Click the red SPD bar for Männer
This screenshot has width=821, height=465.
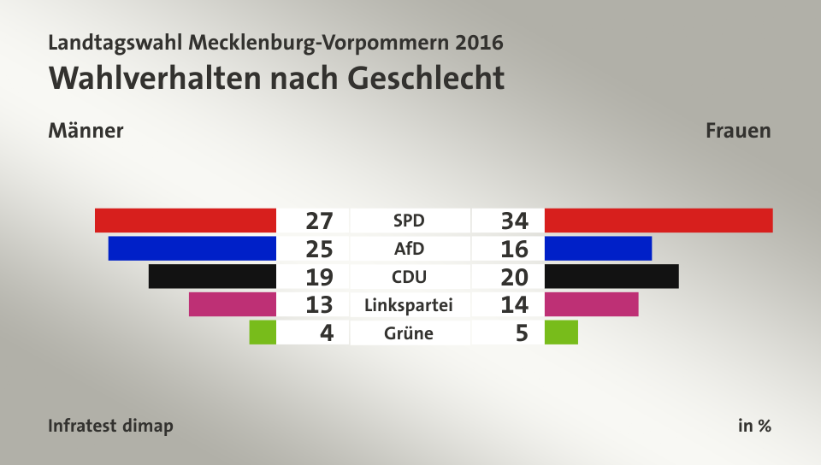click(x=186, y=221)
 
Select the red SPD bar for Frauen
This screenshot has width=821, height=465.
click(x=658, y=221)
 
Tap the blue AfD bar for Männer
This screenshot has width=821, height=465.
click(x=192, y=249)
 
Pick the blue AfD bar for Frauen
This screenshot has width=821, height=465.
click(x=598, y=249)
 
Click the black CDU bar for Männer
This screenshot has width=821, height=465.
click(x=212, y=276)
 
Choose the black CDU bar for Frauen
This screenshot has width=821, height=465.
click(x=611, y=276)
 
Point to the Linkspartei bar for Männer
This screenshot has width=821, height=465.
click(x=233, y=304)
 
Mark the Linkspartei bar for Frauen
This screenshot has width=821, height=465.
click(x=591, y=304)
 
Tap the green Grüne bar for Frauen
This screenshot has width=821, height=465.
click(x=561, y=332)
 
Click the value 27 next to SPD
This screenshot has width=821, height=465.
click(x=318, y=221)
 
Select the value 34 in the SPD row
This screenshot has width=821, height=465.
click(x=515, y=221)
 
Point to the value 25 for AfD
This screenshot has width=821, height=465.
click(x=318, y=249)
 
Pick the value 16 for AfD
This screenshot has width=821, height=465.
click(x=515, y=249)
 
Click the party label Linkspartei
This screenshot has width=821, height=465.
click(x=408, y=304)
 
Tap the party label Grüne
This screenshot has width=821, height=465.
click(x=409, y=333)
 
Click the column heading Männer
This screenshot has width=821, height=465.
click(x=86, y=131)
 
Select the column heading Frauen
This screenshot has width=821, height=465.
click(x=738, y=131)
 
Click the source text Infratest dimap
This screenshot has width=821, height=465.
click(x=111, y=426)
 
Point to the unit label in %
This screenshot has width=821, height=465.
click(x=754, y=426)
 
